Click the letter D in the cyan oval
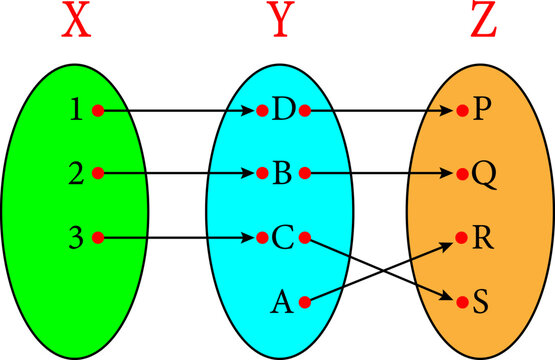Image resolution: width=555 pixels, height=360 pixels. point(283,109)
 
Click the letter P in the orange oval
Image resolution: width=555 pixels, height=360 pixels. point(482,109)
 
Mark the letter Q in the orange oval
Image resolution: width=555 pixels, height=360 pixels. point(483,173)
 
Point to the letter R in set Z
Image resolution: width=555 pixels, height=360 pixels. point(483,237)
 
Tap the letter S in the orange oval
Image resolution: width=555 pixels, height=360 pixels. point(482,300)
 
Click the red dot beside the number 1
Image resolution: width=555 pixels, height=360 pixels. point(97,109)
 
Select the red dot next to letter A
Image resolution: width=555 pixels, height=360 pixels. point(304,300)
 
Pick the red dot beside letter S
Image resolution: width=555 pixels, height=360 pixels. point(461,300)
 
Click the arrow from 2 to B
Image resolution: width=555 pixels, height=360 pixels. point(180,173)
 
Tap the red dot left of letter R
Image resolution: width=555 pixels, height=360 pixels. point(461,237)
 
